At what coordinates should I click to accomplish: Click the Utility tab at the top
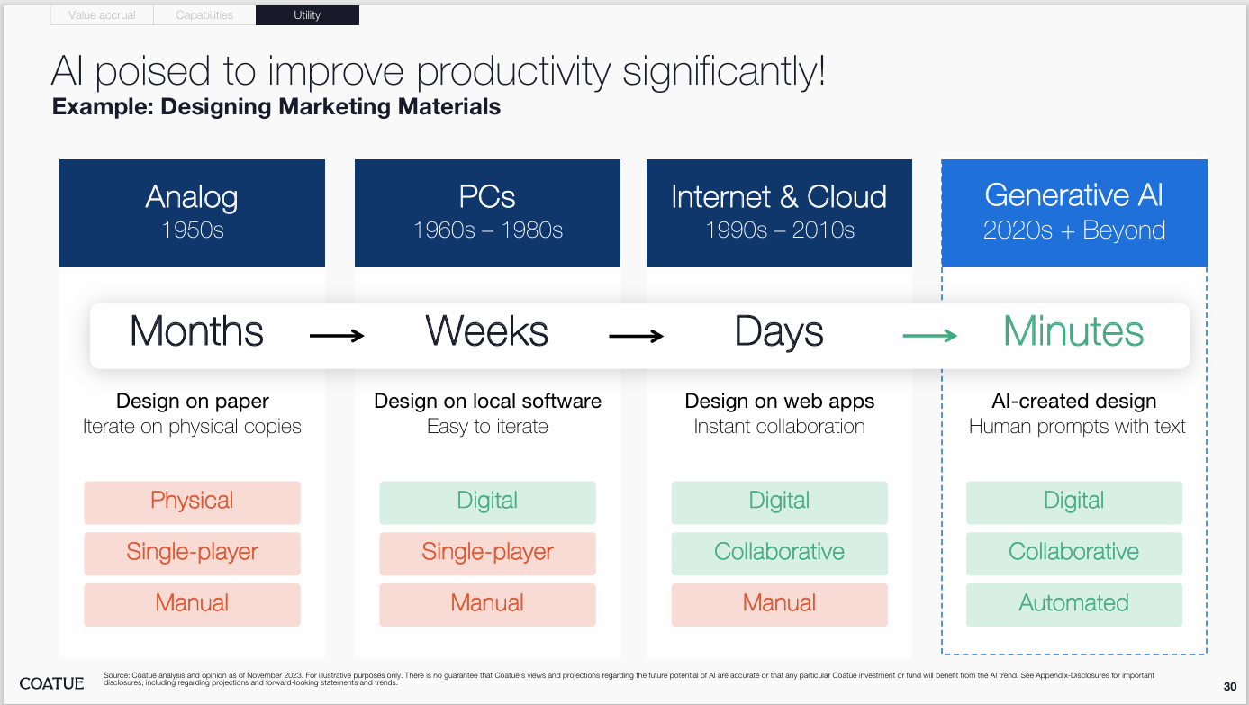(307, 15)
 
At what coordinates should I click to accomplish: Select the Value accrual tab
(102, 15)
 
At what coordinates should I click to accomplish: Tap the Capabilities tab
(204, 15)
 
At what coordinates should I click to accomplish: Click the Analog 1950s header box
(193, 212)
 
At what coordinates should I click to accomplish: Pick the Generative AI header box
(1074, 212)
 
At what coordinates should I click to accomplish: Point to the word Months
(196, 331)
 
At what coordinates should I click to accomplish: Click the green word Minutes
(1073, 331)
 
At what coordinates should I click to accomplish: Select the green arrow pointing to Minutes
(930, 336)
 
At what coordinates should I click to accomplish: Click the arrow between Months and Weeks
(337, 336)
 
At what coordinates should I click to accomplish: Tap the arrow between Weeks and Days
(637, 336)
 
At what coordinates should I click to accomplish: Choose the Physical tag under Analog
(193, 502)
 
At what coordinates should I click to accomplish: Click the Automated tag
(1074, 605)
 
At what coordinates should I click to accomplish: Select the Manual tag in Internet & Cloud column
(780, 605)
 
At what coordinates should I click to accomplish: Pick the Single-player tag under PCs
(487, 554)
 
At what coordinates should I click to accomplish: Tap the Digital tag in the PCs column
(487, 502)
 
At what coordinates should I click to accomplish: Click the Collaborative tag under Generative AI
(1074, 554)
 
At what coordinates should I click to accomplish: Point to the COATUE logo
(51, 683)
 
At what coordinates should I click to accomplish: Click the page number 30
(1230, 687)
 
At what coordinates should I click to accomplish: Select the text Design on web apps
(780, 402)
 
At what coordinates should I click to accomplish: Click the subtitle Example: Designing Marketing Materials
(276, 106)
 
